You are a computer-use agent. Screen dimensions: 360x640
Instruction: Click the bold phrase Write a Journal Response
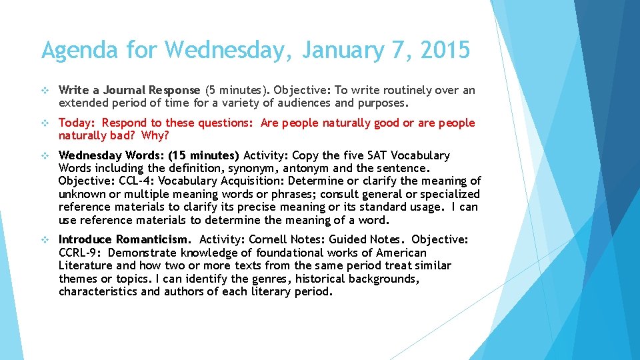click(129, 90)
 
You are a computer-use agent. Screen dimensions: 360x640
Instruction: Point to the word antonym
click(307, 168)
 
